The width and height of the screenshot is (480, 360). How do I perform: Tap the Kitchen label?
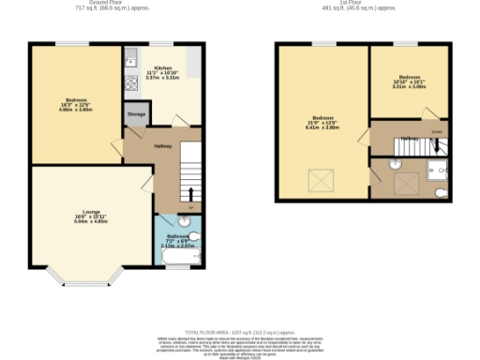click(x=163, y=70)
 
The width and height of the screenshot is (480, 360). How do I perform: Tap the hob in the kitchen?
click(x=131, y=80)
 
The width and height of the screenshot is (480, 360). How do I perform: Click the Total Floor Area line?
click(x=240, y=333)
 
